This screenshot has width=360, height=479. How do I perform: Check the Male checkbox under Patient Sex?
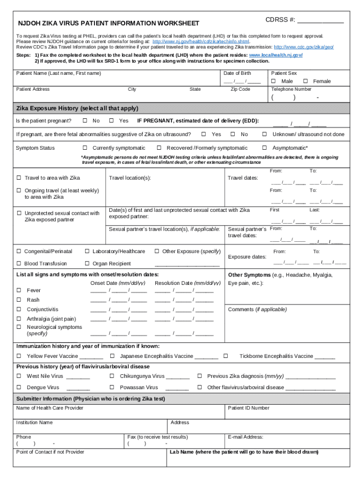tap(274, 81)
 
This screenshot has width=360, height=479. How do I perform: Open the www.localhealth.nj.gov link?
tap(275, 55)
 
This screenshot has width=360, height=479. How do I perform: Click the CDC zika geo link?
tap(303, 47)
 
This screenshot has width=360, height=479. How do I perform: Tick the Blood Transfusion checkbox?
tap(19, 264)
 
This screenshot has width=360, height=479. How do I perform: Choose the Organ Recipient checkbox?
tap(87, 264)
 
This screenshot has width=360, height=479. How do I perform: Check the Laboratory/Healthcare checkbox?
tap(87, 252)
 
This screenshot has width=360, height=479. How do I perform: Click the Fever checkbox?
tap(19, 290)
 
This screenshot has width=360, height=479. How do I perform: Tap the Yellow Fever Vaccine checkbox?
tap(19, 356)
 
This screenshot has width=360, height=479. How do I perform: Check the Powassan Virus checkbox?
tap(112, 387)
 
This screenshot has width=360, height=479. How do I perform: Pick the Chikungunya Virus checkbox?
tap(112, 376)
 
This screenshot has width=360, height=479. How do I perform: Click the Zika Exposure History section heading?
tap(77, 109)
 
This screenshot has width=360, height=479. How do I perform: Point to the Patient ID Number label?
tap(248, 408)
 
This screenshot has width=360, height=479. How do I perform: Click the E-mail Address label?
tap(245, 437)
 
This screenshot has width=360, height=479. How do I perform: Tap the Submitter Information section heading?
tap(91, 399)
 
